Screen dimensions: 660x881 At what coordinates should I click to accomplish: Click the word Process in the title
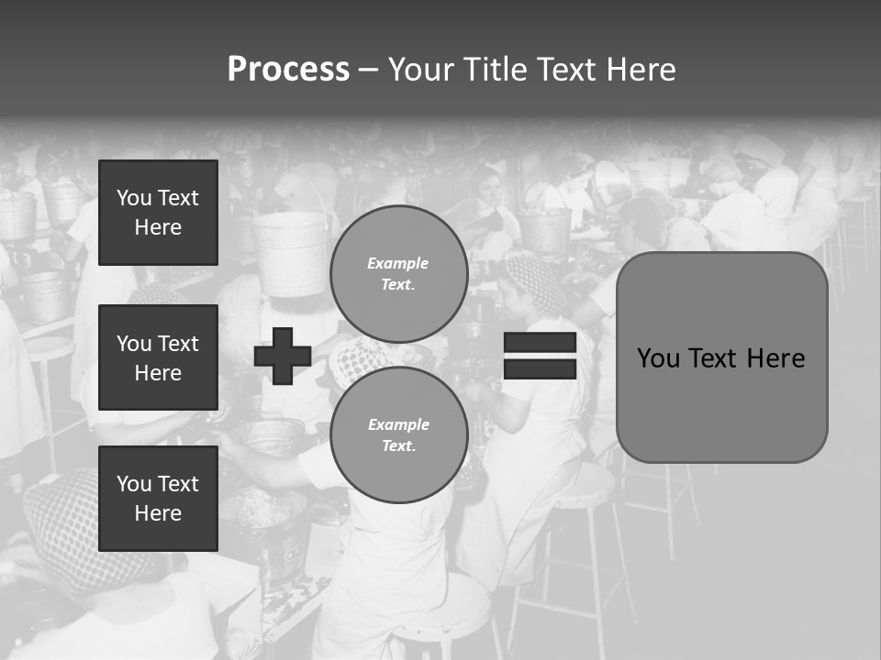point(288,70)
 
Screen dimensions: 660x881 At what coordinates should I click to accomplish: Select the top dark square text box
point(158,213)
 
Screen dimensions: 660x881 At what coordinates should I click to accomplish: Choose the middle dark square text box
point(158,357)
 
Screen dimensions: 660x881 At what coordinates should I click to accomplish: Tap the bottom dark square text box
point(158,499)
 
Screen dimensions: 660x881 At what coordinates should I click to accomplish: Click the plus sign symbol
point(283,356)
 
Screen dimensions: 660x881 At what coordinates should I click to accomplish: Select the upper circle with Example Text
point(398,274)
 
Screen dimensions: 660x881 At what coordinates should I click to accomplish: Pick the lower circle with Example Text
point(398,435)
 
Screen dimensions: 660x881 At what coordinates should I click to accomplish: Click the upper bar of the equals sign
point(540,343)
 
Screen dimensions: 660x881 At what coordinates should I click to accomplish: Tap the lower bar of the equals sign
point(540,369)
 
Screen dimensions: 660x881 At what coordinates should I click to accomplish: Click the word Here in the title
point(641,70)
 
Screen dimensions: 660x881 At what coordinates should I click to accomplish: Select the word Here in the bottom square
point(158,513)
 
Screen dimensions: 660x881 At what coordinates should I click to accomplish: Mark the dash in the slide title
point(368,71)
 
